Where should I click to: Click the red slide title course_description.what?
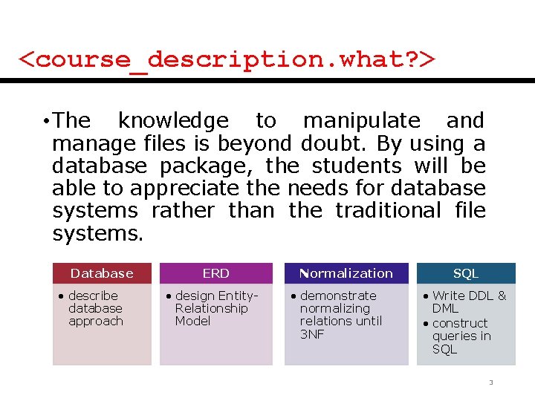227,61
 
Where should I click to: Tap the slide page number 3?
491,382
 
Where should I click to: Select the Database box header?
102,273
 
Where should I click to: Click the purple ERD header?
216,273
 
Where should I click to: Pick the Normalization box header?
346,273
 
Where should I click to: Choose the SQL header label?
466,273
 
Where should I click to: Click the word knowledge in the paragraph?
173,121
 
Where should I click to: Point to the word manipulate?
362,121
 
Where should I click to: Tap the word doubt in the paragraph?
330,143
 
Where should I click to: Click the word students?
357,166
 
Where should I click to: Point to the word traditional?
389,210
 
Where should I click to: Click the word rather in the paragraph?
184,211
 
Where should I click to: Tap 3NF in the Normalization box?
312,334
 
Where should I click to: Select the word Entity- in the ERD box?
239,296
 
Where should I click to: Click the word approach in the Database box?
96,322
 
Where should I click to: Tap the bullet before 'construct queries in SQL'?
426,323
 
